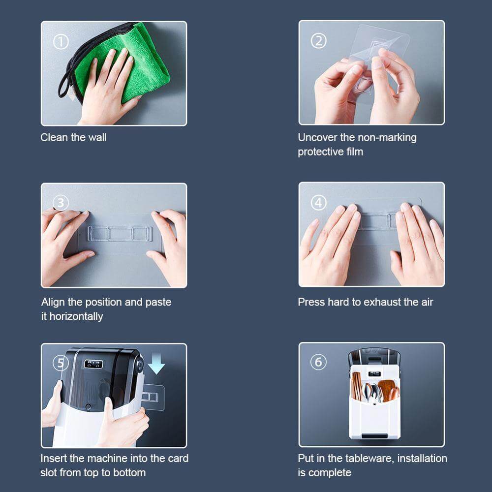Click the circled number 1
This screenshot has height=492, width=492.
coord(61,42)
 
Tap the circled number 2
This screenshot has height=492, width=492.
coord(318,41)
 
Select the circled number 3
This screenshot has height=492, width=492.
coord(61,203)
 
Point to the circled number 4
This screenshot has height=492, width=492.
coord(318,203)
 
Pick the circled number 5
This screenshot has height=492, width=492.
coord(61,363)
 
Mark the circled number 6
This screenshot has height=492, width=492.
coord(318,362)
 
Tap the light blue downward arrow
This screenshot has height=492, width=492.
coord(156,363)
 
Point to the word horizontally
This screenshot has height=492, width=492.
coord(76,316)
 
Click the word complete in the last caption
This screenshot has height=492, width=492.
coord(330,473)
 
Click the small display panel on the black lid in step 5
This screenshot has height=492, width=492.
coord(93,364)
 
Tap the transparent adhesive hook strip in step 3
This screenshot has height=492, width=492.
coord(120,234)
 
